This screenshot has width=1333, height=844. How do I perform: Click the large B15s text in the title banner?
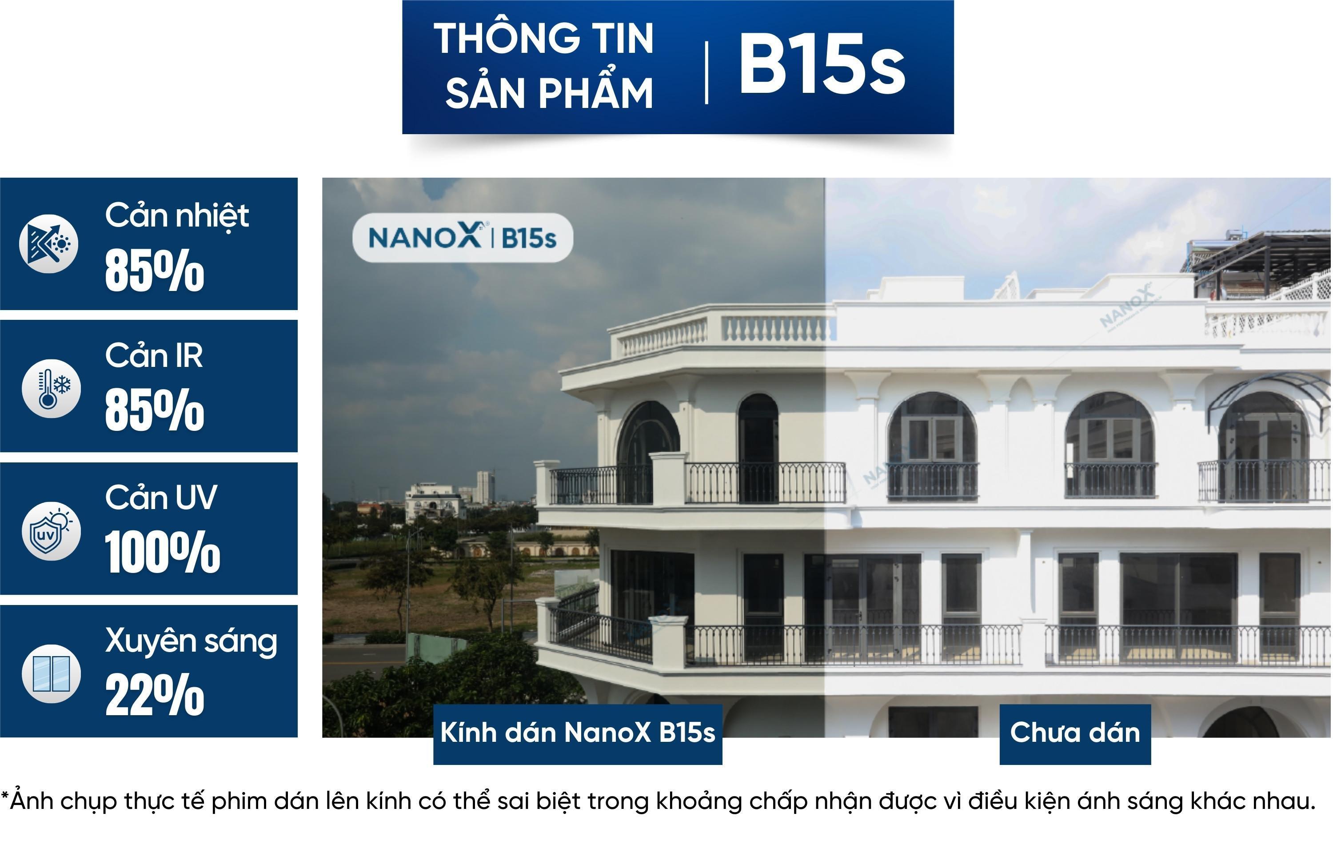pyautogui.click(x=822, y=64)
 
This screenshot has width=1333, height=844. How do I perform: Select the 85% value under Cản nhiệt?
pyautogui.click(x=155, y=270)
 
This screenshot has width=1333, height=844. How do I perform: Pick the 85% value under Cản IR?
pyautogui.click(x=155, y=410)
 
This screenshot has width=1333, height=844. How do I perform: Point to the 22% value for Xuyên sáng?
pyautogui.click(x=155, y=695)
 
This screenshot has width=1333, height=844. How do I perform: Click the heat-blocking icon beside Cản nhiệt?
pyautogui.click(x=49, y=243)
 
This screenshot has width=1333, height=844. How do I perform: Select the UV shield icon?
pyautogui.click(x=51, y=531)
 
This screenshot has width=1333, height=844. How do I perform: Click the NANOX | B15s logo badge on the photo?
pyautogui.click(x=463, y=237)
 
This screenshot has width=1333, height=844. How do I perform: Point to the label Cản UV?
pyautogui.click(x=161, y=498)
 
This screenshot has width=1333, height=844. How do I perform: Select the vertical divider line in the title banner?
pyautogui.click(x=706, y=72)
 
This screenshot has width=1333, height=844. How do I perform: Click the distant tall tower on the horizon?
pyautogui.click(x=484, y=486)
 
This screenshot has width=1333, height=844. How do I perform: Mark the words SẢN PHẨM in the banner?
pyautogui.click(x=549, y=92)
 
